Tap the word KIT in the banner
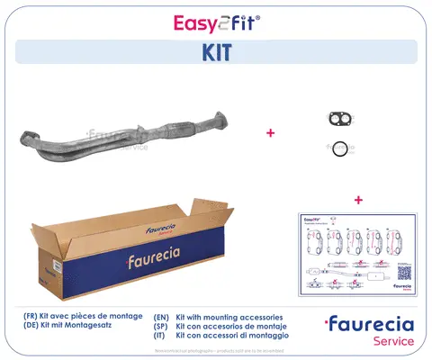pos(216,52)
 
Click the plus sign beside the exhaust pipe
pos(269,133)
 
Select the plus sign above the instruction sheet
pos(358,199)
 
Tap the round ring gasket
pos(339,148)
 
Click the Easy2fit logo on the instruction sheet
pos(316,221)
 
